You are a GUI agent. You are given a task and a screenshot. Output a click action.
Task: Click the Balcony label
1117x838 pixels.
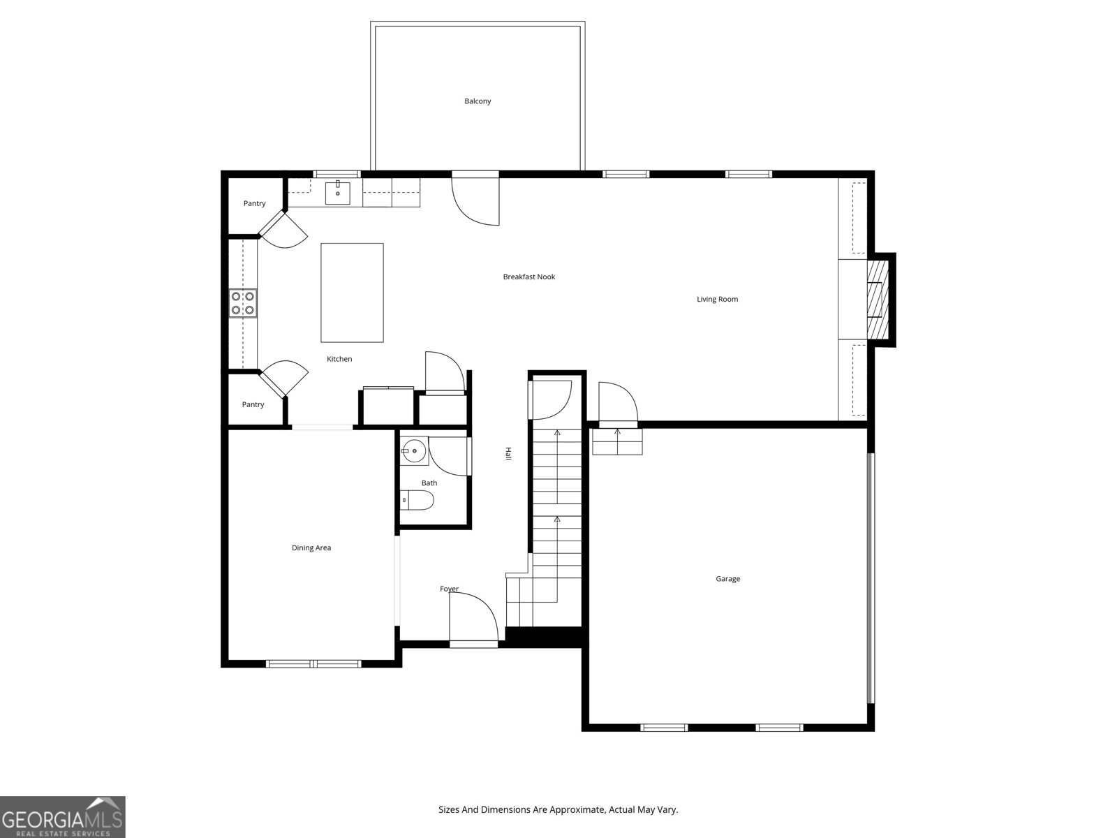tap(478, 101)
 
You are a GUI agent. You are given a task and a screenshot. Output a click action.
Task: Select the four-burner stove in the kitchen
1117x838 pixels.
tap(243, 303)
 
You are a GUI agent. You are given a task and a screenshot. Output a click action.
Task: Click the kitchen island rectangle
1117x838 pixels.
tap(352, 293)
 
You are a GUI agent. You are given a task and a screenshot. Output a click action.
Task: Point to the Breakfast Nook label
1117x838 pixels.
tap(528, 277)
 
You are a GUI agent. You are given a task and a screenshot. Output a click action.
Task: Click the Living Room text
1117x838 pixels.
tap(717, 300)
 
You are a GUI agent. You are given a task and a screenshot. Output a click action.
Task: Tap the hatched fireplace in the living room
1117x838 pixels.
tap(877, 300)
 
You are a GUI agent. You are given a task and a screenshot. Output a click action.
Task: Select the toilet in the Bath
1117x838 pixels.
tap(419, 500)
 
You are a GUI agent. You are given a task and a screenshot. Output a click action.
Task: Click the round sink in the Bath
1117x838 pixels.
tap(415, 452)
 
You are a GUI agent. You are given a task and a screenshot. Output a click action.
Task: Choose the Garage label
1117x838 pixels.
tap(727, 579)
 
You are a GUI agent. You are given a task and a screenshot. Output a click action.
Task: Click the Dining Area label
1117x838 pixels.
tap(311, 548)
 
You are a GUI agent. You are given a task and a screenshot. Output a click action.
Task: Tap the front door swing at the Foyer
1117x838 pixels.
tap(473, 617)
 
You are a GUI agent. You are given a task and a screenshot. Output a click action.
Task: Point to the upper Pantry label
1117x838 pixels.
tap(254, 204)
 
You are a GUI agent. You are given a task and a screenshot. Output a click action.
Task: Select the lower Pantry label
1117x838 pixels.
tap(253, 405)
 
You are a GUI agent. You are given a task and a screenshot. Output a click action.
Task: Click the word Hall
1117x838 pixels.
tap(508, 453)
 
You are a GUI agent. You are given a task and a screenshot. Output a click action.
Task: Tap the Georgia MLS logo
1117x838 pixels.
tap(63, 817)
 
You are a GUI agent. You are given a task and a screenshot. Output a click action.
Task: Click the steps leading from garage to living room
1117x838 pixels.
tap(617, 441)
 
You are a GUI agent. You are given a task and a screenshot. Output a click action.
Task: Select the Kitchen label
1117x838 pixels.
tap(339, 359)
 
